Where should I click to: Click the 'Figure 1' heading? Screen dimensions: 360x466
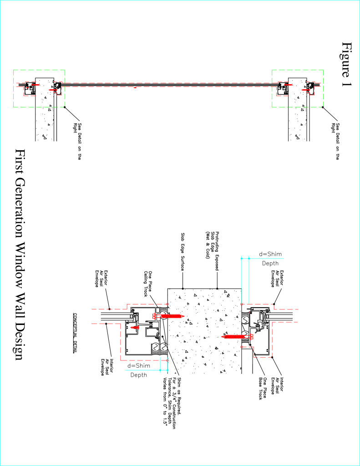[x=347, y=64]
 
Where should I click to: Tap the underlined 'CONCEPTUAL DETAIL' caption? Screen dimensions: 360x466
[x=75, y=333]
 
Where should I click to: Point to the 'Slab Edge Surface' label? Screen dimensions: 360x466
[x=183, y=251]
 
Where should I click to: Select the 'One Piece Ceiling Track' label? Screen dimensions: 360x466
[x=148, y=284]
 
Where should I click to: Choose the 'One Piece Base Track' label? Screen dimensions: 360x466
[x=263, y=389]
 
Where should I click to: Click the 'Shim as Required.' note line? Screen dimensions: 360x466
[x=179, y=396]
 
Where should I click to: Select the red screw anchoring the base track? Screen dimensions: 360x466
[x=237, y=336]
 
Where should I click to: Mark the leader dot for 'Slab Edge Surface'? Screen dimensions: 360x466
[x=183, y=288]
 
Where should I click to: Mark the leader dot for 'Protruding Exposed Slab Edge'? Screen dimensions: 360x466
[x=217, y=288]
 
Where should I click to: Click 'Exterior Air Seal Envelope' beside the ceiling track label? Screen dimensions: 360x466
[x=101, y=279]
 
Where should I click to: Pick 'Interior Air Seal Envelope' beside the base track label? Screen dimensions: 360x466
[x=277, y=386]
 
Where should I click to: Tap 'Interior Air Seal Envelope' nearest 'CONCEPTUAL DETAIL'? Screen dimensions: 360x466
[x=106, y=367]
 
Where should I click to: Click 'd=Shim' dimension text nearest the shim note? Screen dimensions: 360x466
[x=138, y=365]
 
